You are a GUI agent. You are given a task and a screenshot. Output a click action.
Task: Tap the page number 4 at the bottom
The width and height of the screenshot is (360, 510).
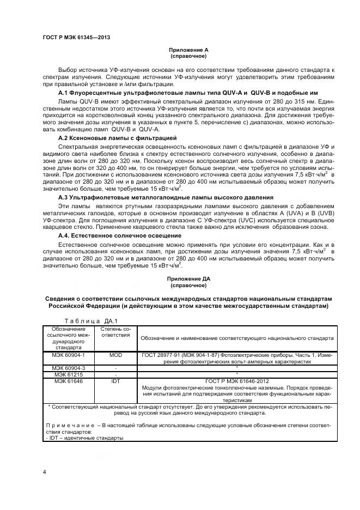coord(44,470)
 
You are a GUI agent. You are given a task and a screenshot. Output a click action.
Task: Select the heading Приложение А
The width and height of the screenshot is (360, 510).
coord(188,50)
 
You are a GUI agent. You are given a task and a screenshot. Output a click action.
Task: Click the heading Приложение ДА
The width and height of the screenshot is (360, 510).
coord(188,278)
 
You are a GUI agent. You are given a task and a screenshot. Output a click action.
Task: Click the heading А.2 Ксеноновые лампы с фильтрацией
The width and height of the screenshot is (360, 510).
coord(109,139)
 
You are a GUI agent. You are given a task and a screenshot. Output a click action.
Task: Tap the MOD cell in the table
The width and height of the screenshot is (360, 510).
coord(115,355)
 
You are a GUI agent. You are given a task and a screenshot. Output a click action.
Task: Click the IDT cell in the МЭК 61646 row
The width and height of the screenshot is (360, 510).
coord(115,381)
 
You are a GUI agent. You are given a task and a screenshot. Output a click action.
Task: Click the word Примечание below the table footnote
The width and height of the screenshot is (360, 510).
coord(67,424)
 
